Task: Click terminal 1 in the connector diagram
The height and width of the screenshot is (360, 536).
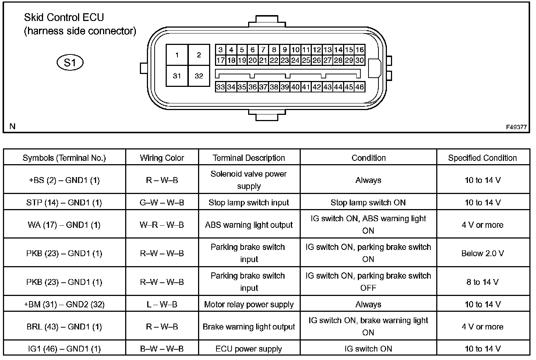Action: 177,55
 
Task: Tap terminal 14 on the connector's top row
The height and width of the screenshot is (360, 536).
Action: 338,50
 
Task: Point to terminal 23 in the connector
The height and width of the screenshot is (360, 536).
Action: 285,60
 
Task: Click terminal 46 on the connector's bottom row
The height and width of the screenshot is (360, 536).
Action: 359,87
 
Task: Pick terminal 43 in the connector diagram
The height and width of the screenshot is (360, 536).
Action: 327,87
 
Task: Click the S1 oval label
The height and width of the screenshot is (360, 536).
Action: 70,63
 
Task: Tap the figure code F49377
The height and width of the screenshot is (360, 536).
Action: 516,127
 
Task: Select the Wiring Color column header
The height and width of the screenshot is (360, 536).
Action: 162,158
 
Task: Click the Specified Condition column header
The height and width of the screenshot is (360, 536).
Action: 482,158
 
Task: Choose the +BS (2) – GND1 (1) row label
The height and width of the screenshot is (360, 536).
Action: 64,180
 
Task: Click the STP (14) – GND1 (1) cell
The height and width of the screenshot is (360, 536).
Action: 64,202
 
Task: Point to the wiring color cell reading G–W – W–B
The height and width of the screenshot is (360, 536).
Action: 162,202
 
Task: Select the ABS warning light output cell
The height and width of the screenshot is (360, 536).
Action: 249,225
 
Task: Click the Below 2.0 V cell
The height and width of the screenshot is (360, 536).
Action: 482,253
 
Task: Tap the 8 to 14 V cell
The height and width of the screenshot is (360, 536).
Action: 482,282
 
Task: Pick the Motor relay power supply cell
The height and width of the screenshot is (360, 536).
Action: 249,304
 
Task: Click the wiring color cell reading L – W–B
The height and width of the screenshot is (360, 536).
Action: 162,304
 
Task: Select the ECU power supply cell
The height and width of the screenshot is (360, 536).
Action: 249,349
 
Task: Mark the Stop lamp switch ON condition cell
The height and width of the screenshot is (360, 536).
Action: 368,202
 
